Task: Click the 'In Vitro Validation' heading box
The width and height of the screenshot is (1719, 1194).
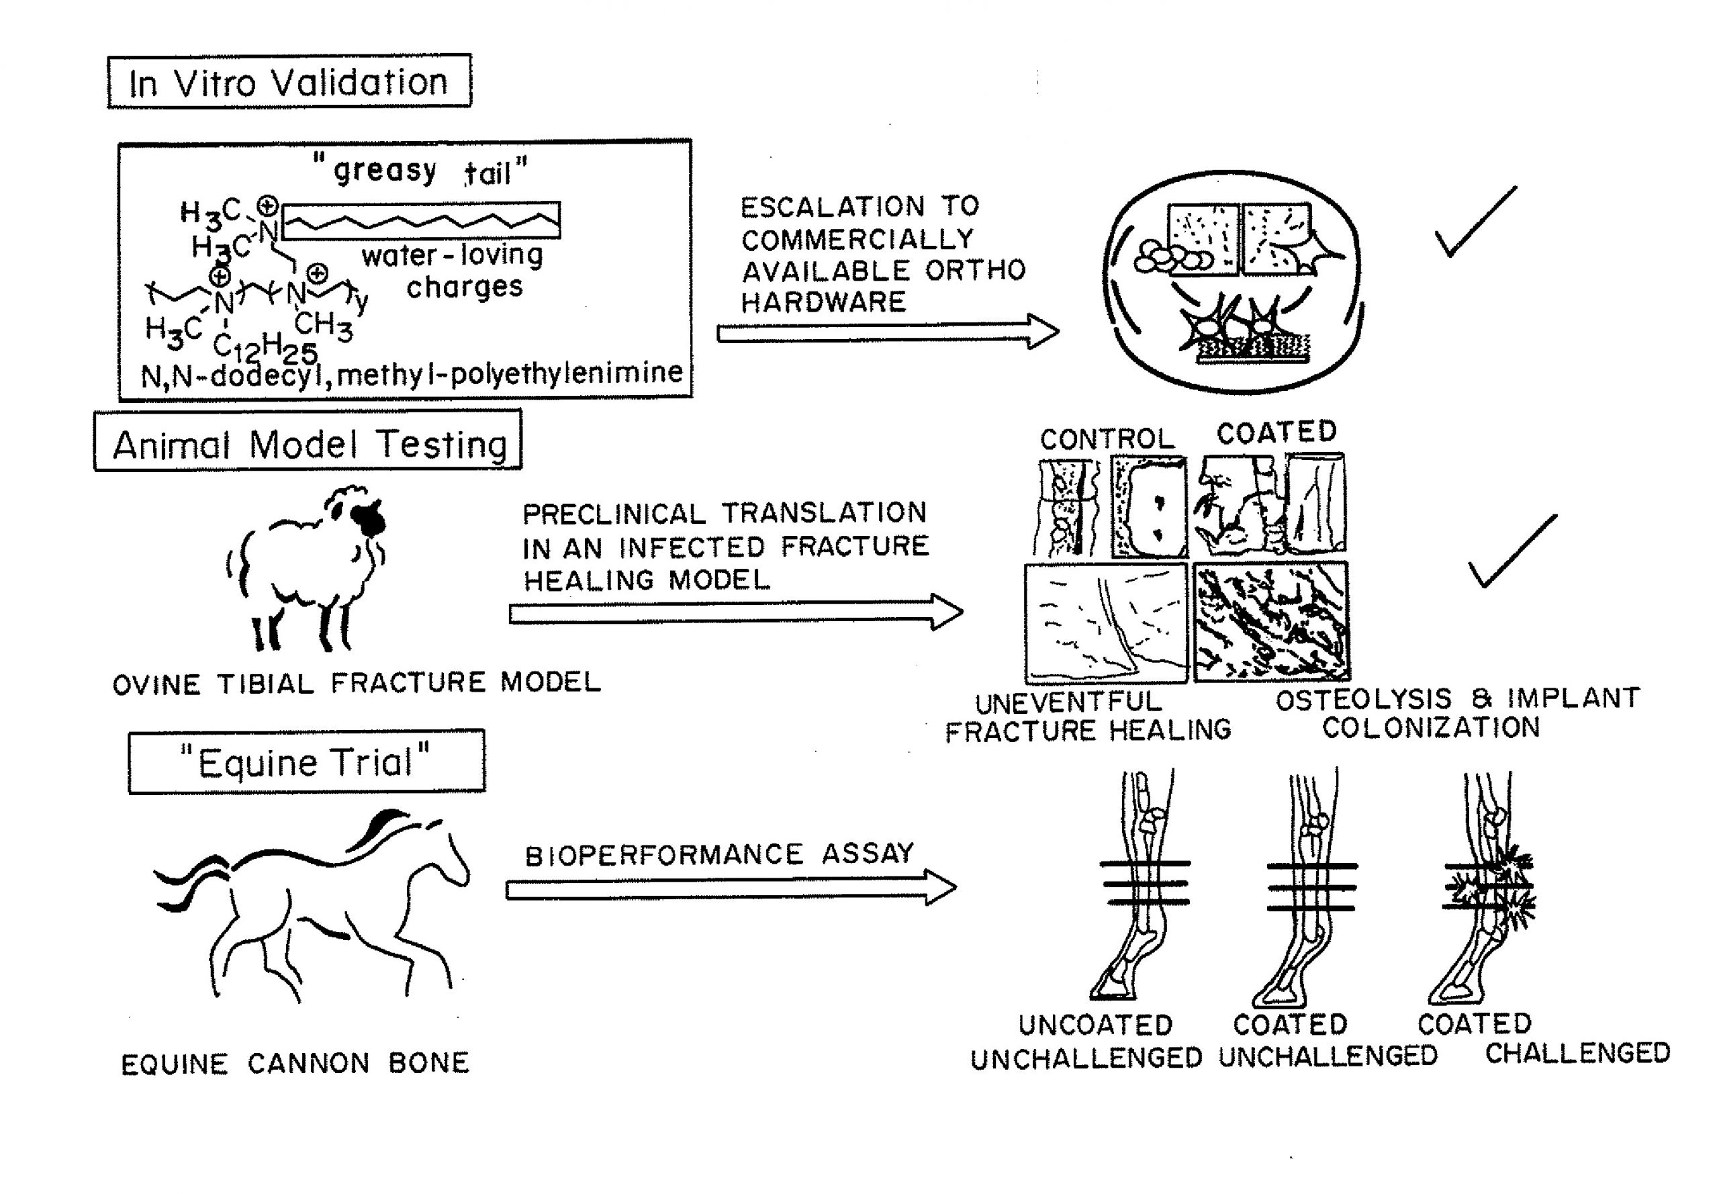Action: pyautogui.click(x=289, y=81)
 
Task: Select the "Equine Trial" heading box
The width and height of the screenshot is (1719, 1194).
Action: pyautogui.click(x=306, y=762)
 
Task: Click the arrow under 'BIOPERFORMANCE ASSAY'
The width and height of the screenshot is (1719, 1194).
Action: pyautogui.click(x=729, y=888)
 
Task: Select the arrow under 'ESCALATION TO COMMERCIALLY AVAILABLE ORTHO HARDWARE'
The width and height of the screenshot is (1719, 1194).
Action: pyautogui.click(x=886, y=332)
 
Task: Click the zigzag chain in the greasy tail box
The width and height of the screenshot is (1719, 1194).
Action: pyautogui.click(x=421, y=221)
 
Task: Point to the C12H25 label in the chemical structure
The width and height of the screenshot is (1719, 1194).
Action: pyautogui.click(x=265, y=347)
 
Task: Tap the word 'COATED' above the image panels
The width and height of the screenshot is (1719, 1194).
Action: pyautogui.click(x=1276, y=432)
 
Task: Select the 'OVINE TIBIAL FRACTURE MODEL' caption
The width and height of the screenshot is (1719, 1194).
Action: pyautogui.click(x=356, y=683)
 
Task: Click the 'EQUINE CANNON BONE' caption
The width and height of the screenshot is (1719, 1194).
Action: pyautogui.click(x=295, y=1063)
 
